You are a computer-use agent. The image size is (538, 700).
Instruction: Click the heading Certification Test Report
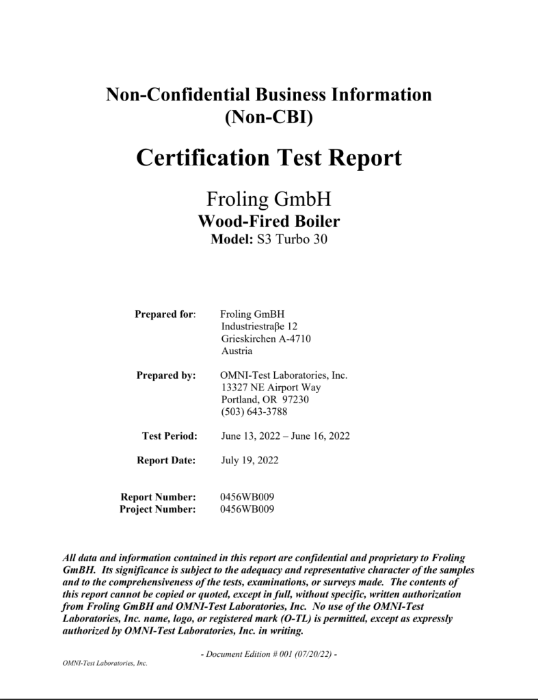click(269, 158)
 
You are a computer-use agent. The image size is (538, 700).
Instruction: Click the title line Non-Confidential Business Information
click(269, 95)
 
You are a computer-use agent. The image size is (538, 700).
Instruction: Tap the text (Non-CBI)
click(269, 117)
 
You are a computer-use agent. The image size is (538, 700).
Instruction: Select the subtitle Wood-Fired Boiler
click(269, 221)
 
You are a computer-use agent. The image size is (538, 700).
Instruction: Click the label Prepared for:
click(165, 314)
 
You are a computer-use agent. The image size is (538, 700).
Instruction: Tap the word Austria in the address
click(237, 351)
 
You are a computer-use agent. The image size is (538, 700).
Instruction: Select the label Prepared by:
click(166, 375)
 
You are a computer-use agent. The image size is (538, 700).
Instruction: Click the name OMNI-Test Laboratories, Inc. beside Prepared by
click(284, 375)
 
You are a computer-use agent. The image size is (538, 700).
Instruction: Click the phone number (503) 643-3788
click(254, 412)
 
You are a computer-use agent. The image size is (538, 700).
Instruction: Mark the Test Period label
click(170, 436)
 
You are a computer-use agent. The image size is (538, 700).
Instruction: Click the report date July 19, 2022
click(250, 461)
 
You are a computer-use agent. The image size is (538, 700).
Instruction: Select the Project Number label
click(158, 509)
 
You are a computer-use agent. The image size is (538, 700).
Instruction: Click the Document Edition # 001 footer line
click(269, 654)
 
